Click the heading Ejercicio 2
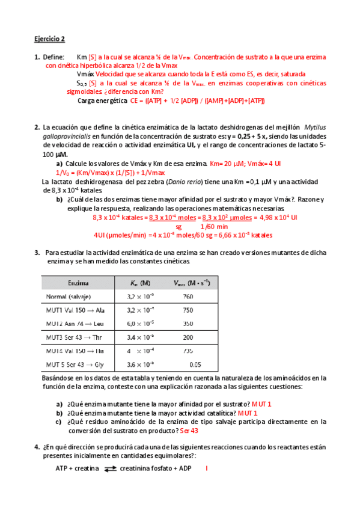coord(49,40)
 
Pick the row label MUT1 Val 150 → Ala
coord(75,310)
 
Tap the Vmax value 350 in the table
coord(187,324)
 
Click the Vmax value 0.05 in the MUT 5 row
coord(194,364)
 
